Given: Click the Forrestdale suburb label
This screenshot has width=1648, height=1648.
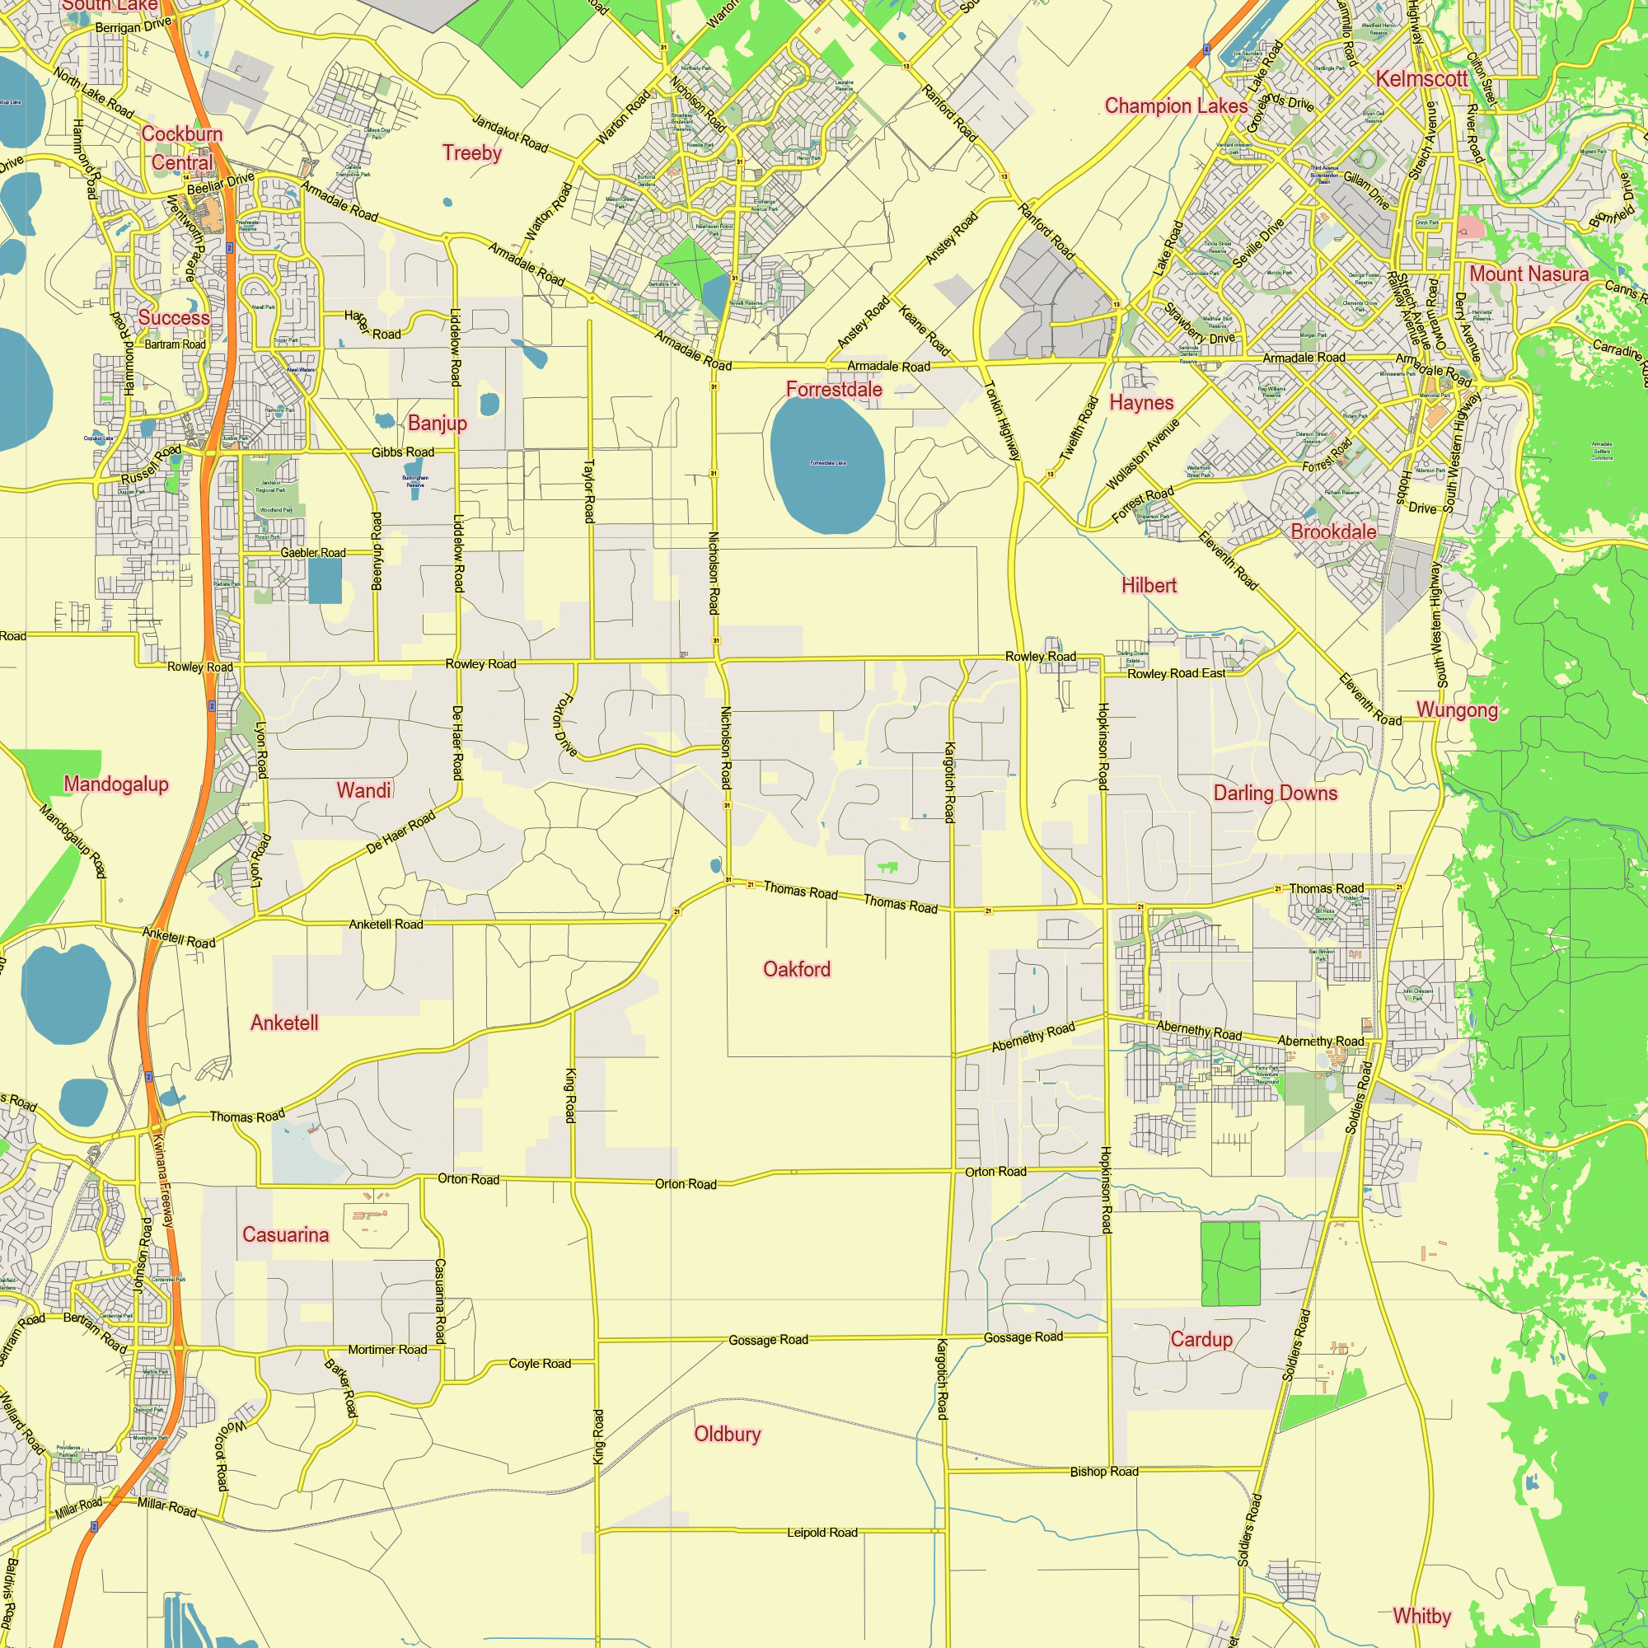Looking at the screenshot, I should [x=833, y=390].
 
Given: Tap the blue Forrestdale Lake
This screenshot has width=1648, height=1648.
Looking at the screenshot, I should [x=826, y=465].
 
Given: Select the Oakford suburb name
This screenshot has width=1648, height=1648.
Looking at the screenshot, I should [x=796, y=969].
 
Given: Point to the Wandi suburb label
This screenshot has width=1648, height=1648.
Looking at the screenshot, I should [x=363, y=791].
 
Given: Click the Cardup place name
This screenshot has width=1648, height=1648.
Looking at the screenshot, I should [x=1201, y=1339].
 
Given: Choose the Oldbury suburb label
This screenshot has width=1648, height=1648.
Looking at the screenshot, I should [x=727, y=1434].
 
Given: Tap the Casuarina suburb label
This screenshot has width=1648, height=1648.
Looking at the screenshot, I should [x=285, y=1234].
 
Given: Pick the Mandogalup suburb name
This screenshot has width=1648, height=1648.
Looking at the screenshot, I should [x=116, y=784].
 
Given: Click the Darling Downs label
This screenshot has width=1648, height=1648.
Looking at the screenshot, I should [x=1276, y=794].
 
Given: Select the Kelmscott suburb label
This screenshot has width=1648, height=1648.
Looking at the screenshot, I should [x=1421, y=79].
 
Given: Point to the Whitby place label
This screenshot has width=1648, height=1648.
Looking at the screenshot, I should [x=1421, y=1616].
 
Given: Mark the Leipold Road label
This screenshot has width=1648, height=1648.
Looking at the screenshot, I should [x=822, y=1533].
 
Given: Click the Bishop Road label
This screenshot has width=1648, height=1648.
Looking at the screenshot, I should [x=1104, y=1472].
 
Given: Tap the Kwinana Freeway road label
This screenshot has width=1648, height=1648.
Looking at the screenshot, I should [x=163, y=1181].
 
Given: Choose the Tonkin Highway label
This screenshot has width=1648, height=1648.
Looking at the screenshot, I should [x=1002, y=420].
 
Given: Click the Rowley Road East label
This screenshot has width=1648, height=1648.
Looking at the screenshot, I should [x=1177, y=674].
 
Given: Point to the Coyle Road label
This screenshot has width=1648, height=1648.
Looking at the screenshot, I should [x=539, y=1364].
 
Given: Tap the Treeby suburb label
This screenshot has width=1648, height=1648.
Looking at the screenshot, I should [x=471, y=153].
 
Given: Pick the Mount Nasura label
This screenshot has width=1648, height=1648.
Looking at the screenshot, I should [x=1529, y=274].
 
